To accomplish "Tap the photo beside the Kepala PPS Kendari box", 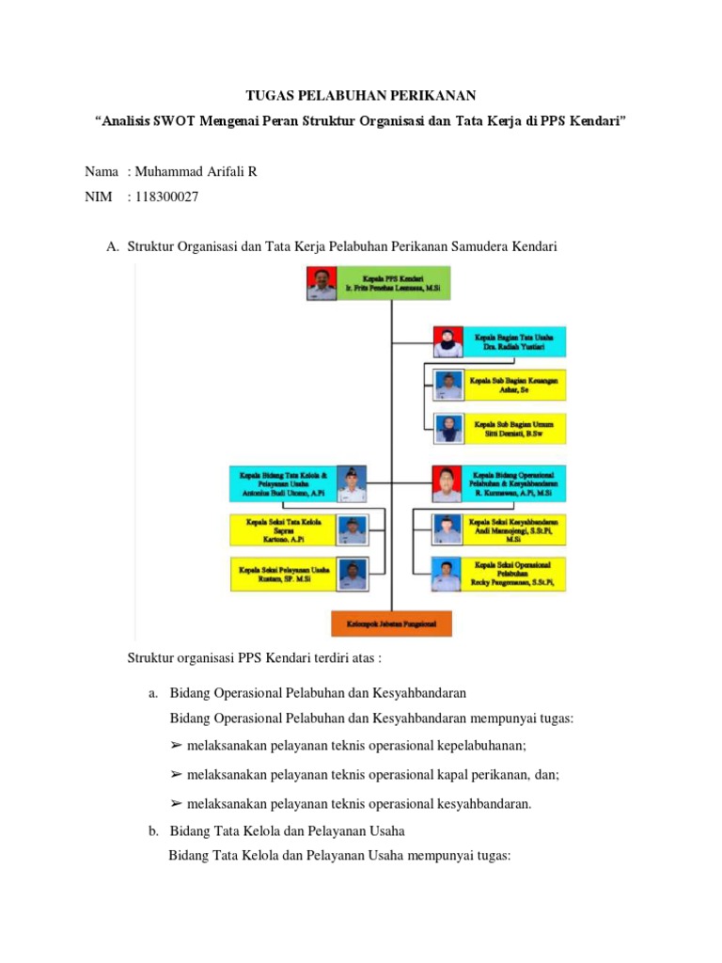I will pyautogui.click(x=320, y=283).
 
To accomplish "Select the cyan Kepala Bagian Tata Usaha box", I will pyautogui.click(x=512, y=341).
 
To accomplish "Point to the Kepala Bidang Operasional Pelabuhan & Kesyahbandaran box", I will pyautogui.click(x=514, y=483).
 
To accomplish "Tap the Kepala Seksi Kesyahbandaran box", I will pyautogui.click(x=514, y=529).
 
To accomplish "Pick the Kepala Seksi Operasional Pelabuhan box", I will pyautogui.click(x=514, y=574).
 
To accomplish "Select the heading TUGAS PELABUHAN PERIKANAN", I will pyautogui.click(x=361, y=96).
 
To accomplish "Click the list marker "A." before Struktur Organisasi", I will pyautogui.click(x=113, y=246).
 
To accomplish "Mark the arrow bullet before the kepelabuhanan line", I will pyautogui.click(x=176, y=746).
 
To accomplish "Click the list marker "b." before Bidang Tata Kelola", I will pyautogui.click(x=153, y=831).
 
